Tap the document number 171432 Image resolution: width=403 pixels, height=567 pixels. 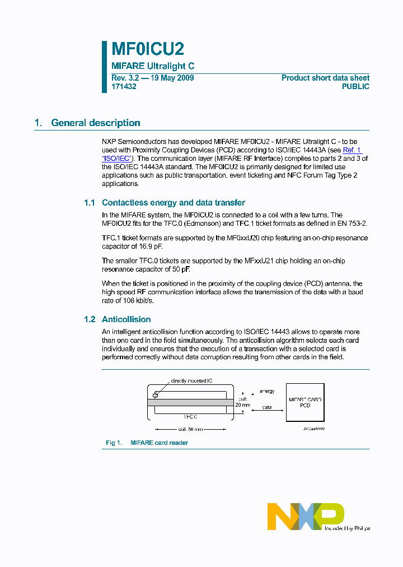click(124, 87)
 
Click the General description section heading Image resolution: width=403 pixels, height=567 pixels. click(95, 123)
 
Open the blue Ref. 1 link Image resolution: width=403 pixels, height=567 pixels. click(352, 150)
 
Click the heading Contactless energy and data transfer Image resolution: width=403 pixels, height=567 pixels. click(174, 203)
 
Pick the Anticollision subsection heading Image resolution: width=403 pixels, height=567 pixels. click(126, 319)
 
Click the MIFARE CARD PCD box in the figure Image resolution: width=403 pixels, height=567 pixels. click(304, 402)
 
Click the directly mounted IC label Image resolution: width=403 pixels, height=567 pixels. click(191, 381)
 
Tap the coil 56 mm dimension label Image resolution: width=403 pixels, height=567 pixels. click(190, 430)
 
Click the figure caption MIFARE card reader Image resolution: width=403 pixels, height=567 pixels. click(159, 443)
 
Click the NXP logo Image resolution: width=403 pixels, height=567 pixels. click(305, 515)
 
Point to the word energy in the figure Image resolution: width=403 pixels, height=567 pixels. click(267, 391)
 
